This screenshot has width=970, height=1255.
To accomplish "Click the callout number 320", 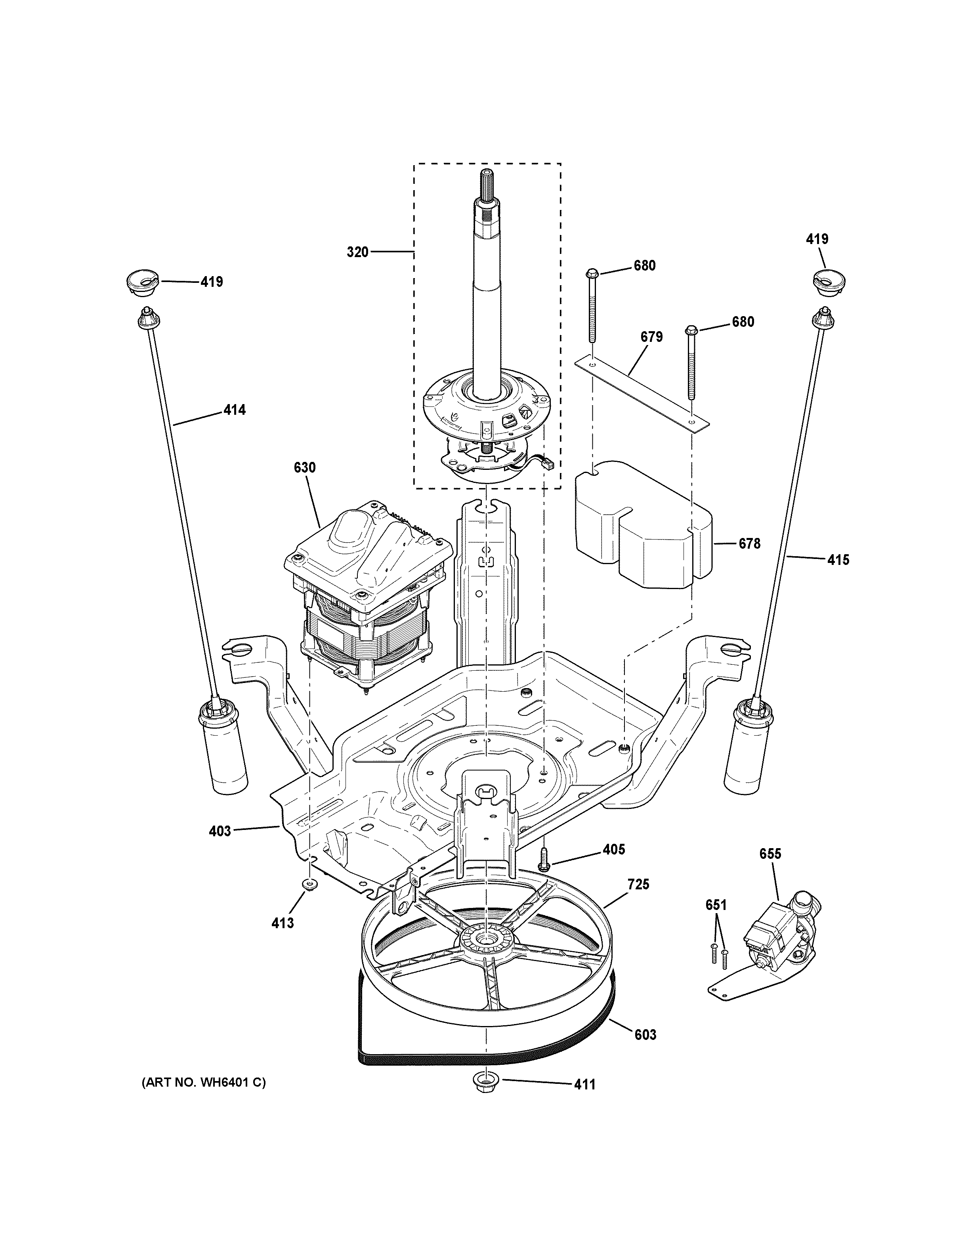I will (x=357, y=252).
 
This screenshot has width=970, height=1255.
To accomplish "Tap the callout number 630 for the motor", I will (x=305, y=468).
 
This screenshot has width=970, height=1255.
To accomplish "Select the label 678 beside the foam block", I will (x=749, y=543).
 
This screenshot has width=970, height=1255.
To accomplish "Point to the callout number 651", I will (x=716, y=905).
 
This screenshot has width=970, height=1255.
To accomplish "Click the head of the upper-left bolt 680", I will (x=594, y=273).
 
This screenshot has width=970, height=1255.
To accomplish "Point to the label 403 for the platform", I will (x=220, y=830).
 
